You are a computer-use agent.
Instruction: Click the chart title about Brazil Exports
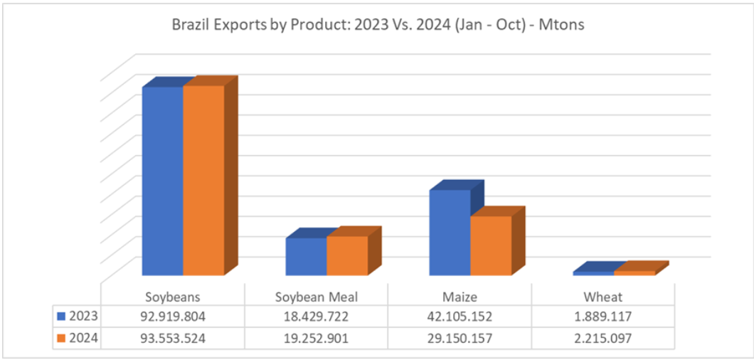[x=378, y=25]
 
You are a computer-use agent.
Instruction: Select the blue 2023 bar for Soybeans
[x=163, y=181]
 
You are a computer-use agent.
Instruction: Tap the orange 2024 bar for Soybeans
[x=203, y=181]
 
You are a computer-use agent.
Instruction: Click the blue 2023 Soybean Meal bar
[x=306, y=257]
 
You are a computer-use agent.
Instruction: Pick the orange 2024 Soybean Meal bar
[x=347, y=256]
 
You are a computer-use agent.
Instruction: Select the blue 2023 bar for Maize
[x=450, y=233]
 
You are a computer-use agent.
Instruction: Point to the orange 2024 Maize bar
[x=491, y=245]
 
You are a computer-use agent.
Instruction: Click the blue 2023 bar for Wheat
[x=593, y=272]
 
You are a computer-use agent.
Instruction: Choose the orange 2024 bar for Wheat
[x=634, y=272]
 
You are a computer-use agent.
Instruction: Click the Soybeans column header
[x=173, y=297]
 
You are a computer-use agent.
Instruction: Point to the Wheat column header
[x=602, y=297]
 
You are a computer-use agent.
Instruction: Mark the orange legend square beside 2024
[x=61, y=339]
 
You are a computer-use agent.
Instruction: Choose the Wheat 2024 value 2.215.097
[x=602, y=339]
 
